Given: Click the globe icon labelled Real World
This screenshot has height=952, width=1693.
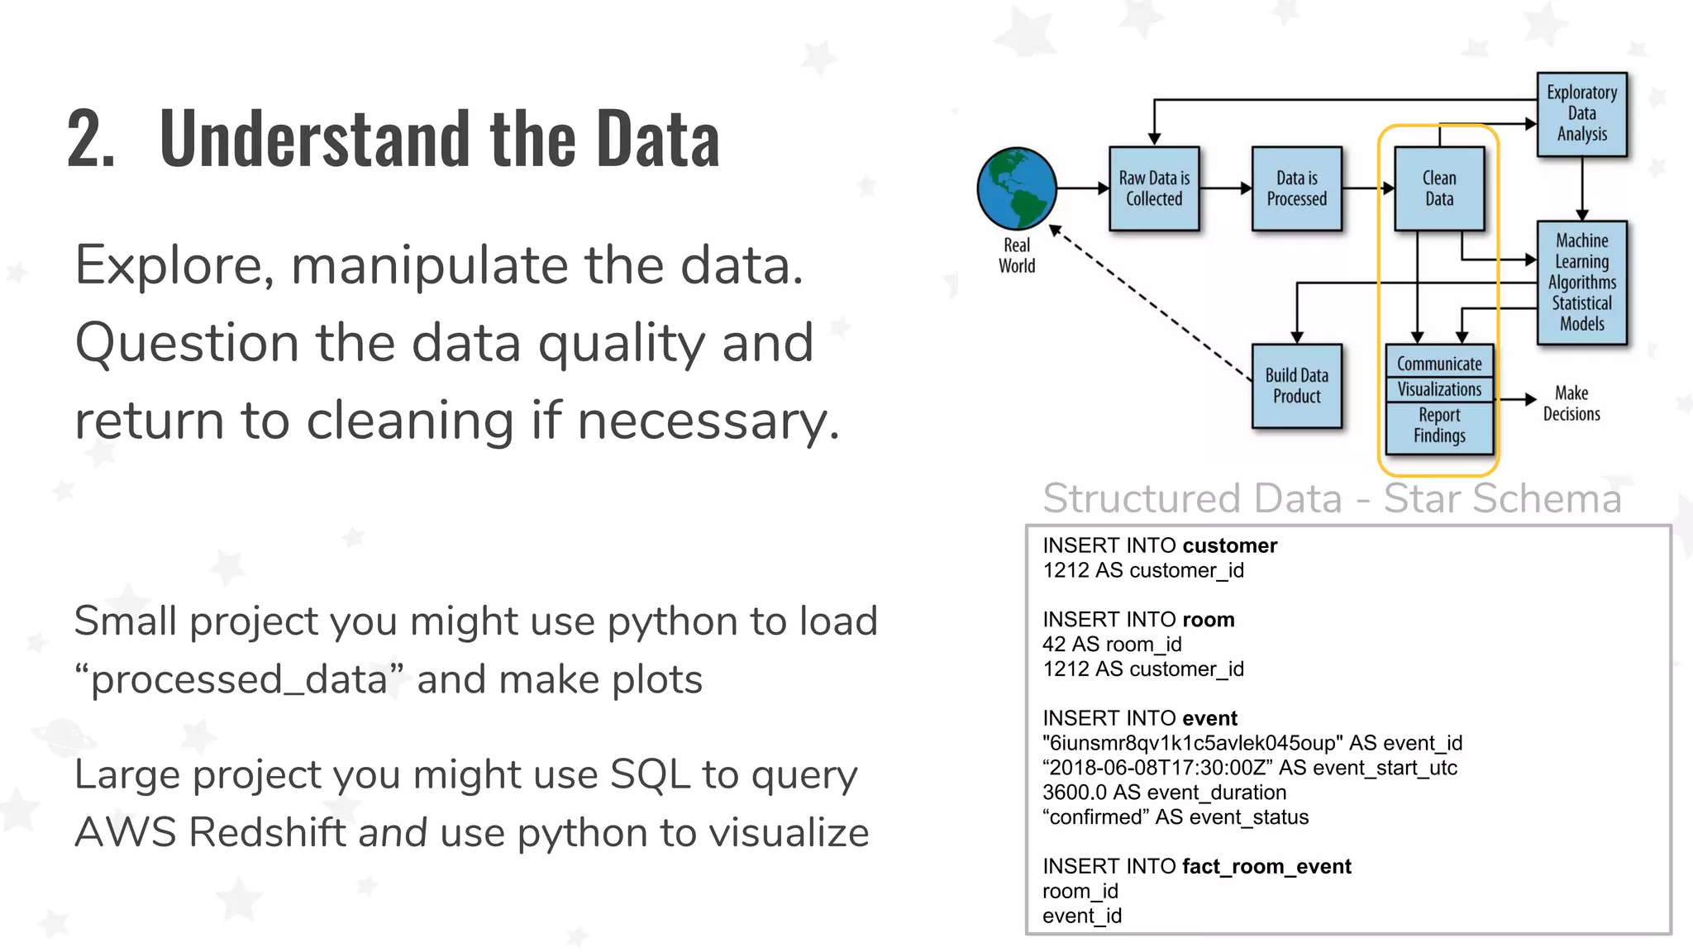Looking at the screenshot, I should point(1016,188).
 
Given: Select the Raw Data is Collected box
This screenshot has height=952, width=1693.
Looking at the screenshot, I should point(1154,188).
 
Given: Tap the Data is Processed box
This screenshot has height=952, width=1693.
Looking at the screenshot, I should point(1296,188).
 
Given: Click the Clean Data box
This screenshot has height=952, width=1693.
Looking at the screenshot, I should point(1439,188).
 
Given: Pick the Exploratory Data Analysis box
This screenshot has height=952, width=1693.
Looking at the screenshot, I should point(1581,114).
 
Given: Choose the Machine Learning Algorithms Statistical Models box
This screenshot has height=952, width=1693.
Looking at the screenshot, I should point(1581,283).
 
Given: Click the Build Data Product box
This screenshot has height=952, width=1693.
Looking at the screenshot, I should point(1296,386).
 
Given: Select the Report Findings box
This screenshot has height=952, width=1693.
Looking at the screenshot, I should point(1439,426).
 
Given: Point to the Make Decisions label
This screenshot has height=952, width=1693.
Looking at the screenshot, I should point(1571,403).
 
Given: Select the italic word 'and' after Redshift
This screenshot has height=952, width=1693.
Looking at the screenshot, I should point(393,832).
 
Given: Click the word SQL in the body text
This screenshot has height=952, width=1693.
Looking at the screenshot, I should point(649,775).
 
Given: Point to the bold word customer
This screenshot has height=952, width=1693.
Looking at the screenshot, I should point(1229,545).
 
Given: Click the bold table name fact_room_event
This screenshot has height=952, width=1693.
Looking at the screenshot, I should point(1266,866).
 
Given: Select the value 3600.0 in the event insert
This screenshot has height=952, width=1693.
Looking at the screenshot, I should point(1075,793).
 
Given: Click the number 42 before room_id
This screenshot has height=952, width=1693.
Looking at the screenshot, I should point(1055,645).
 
